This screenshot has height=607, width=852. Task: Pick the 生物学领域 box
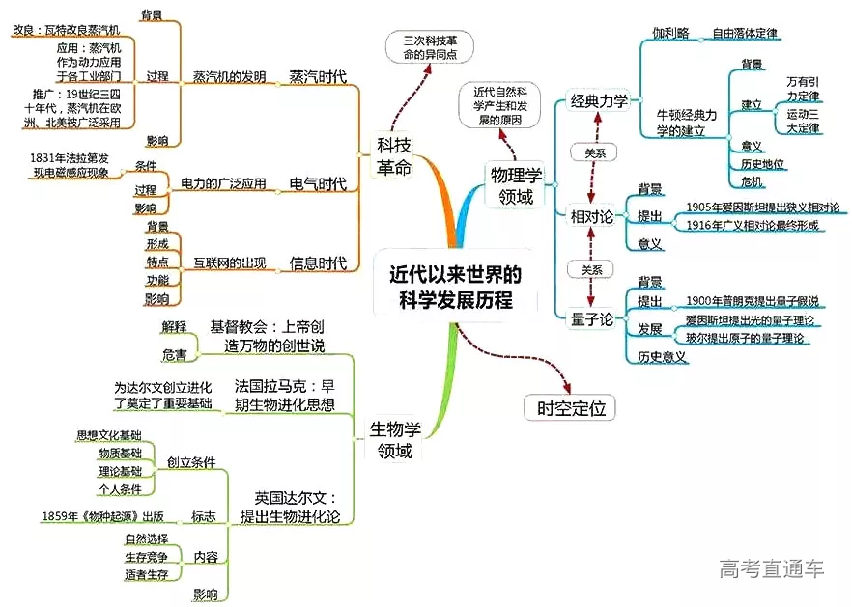[x=394, y=439]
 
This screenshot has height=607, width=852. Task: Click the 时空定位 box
[x=570, y=408]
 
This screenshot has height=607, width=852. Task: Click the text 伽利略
[x=670, y=33]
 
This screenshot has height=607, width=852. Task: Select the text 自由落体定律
[x=745, y=33]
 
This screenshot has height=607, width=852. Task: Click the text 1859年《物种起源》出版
[x=102, y=516]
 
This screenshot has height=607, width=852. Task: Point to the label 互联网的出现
[x=229, y=262]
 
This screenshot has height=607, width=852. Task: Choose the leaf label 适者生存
[x=146, y=574]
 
